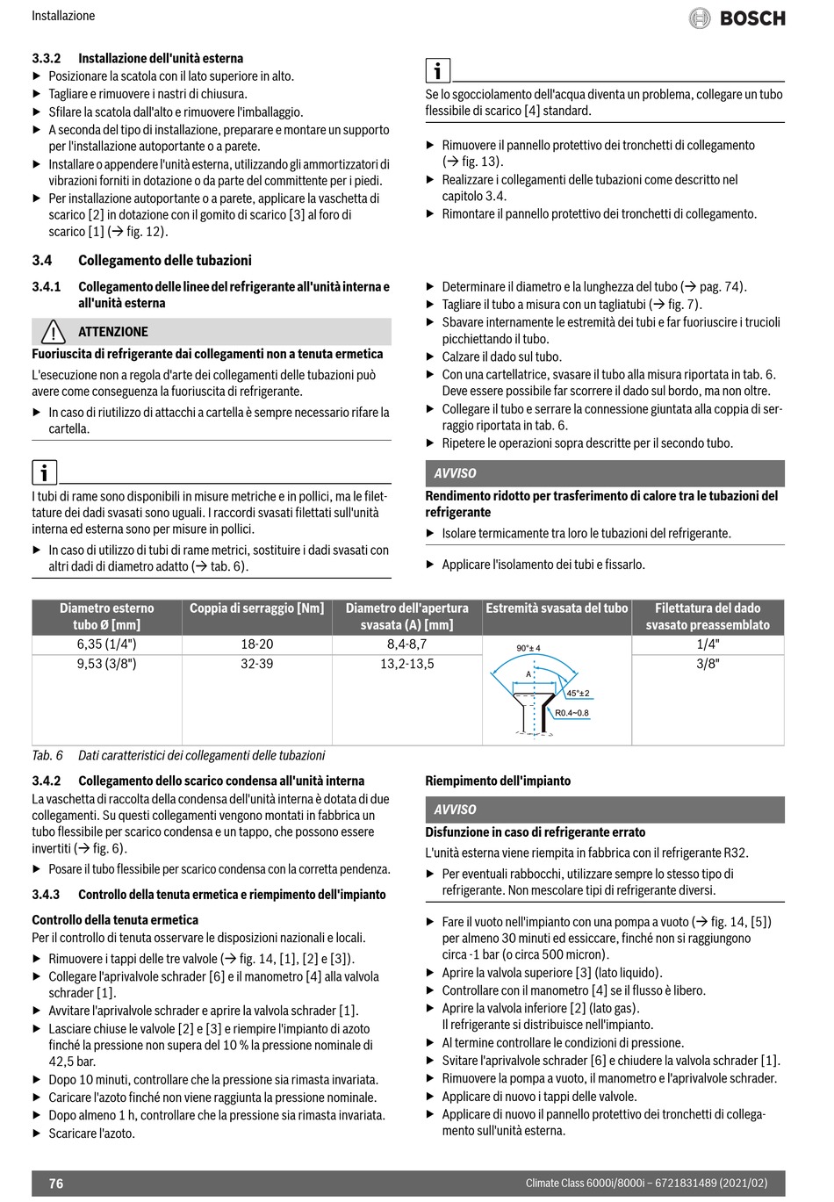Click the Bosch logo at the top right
click(x=737, y=18)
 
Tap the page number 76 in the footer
click(x=56, y=1184)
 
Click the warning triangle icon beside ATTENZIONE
click(x=53, y=332)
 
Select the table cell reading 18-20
click(x=257, y=644)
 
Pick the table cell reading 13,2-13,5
click(x=407, y=664)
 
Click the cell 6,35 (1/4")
click(x=107, y=644)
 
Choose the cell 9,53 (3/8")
click(x=107, y=664)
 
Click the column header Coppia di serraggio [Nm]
click(x=257, y=608)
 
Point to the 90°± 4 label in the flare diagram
click(x=528, y=649)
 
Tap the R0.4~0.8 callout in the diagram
click(x=572, y=713)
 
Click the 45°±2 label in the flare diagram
click(x=578, y=693)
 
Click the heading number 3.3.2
click(x=47, y=59)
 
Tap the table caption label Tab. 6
click(x=47, y=756)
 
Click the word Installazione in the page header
click(x=63, y=16)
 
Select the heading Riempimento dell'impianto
click(x=498, y=781)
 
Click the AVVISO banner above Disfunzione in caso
click(x=605, y=810)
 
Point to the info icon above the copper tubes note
click(x=44, y=473)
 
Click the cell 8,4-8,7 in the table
click(x=407, y=644)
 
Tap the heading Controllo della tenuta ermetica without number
click(x=115, y=920)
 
